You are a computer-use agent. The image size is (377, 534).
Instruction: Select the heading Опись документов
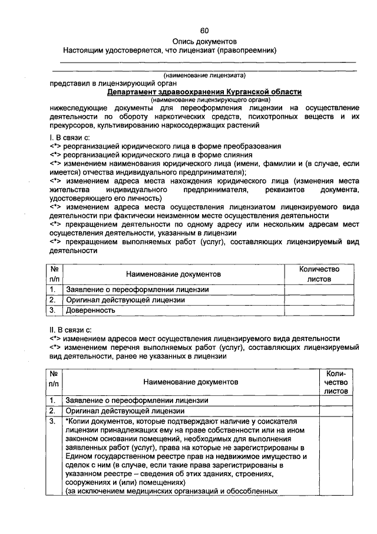click(x=204, y=41)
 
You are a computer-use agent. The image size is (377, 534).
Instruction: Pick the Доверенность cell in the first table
click(x=90, y=310)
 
